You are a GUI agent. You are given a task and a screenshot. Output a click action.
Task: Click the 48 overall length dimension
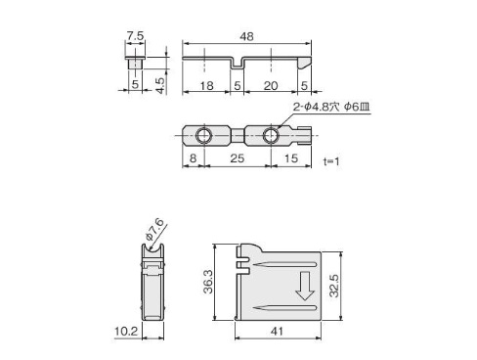246,36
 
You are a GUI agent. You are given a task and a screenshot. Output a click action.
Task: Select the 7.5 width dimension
135,36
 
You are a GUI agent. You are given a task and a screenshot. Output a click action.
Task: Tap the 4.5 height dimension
160,85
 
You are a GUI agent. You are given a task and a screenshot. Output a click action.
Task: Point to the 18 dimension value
206,86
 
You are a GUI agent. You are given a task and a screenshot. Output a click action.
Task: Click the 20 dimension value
271,86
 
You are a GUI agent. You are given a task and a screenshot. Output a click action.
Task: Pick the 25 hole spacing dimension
238,158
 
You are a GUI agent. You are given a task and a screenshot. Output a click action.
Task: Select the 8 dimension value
193,158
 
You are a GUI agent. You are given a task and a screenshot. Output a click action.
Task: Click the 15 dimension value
291,158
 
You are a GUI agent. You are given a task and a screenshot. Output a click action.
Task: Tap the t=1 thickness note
331,161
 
